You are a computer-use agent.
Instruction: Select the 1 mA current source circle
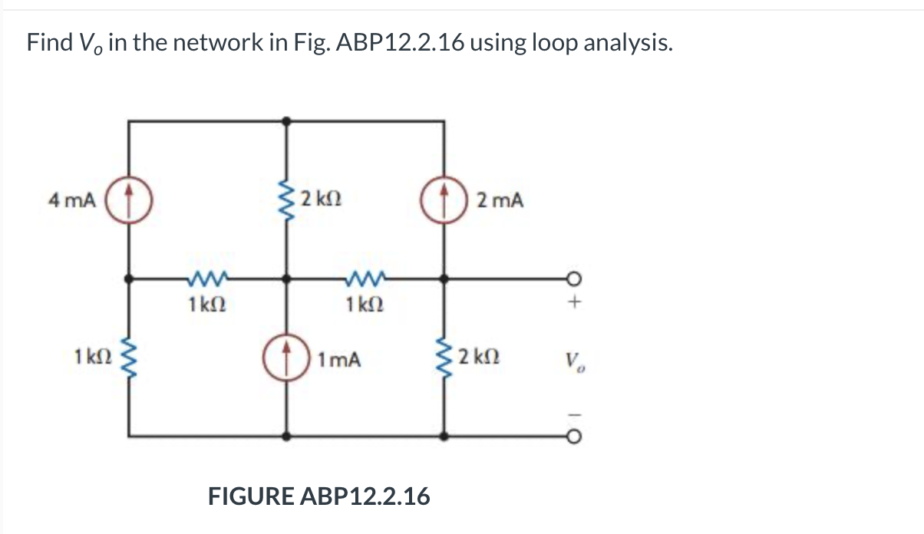[288, 358]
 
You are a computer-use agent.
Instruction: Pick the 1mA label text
[338, 358]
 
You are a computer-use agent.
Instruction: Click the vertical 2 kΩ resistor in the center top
[288, 201]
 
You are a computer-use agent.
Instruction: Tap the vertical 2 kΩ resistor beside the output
[444, 358]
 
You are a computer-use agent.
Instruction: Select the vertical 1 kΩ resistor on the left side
[129, 358]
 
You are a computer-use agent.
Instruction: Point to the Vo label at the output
[572, 358]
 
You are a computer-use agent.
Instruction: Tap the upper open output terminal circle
[571, 279]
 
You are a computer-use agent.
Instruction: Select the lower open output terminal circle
[571, 436]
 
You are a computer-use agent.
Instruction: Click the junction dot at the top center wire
[288, 120]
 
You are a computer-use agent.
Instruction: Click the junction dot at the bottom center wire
[288, 436]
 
